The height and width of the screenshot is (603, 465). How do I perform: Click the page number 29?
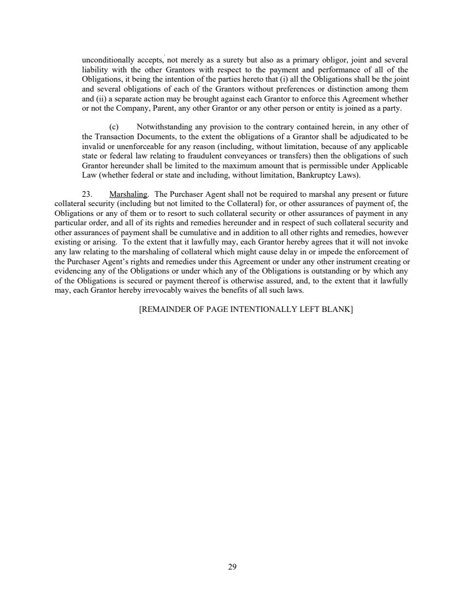[x=232, y=567]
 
